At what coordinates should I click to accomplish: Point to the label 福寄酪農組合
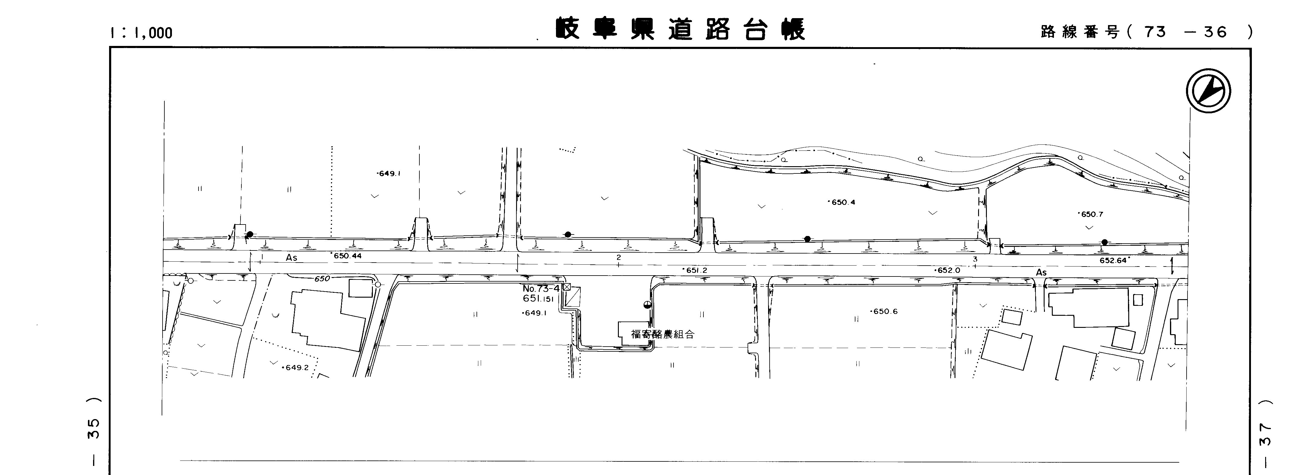tap(663, 334)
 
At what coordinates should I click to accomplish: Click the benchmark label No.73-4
tap(541, 289)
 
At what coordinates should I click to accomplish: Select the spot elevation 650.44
tap(347, 256)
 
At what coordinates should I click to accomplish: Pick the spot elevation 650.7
tap(1090, 214)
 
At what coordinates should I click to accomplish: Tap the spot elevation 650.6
tap(884, 312)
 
